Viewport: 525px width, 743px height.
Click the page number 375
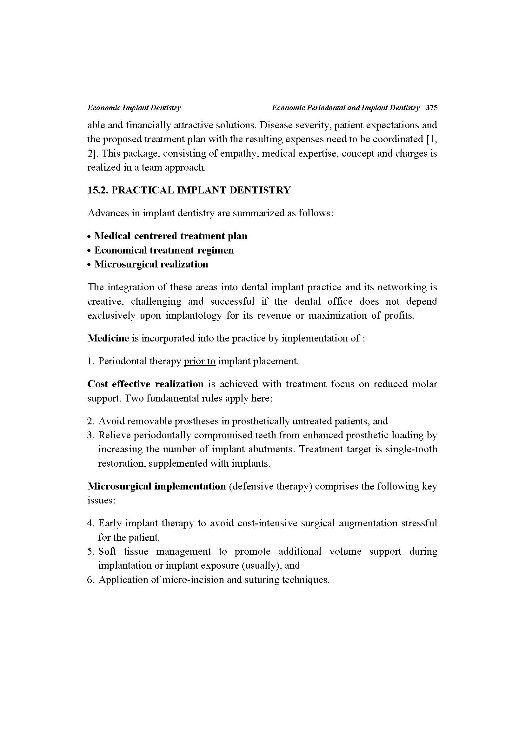(432, 108)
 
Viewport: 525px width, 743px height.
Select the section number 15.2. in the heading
(98, 190)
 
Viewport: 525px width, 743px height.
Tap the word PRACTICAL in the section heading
(143, 190)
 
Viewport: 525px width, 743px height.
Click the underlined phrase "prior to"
(199, 361)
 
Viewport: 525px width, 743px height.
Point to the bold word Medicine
(108, 338)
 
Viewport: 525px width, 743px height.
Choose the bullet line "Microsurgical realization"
(151, 264)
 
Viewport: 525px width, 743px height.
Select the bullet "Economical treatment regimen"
(164, 250)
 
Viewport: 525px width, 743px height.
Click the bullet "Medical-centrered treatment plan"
(171, 236)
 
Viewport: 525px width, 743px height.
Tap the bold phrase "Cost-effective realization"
(145, 384)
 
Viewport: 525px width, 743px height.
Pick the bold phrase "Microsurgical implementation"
(156, 486)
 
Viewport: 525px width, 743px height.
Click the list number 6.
(90, 580)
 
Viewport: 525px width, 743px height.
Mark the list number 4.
(90, 523)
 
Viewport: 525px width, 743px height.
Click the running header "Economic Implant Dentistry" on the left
(134, 108)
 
